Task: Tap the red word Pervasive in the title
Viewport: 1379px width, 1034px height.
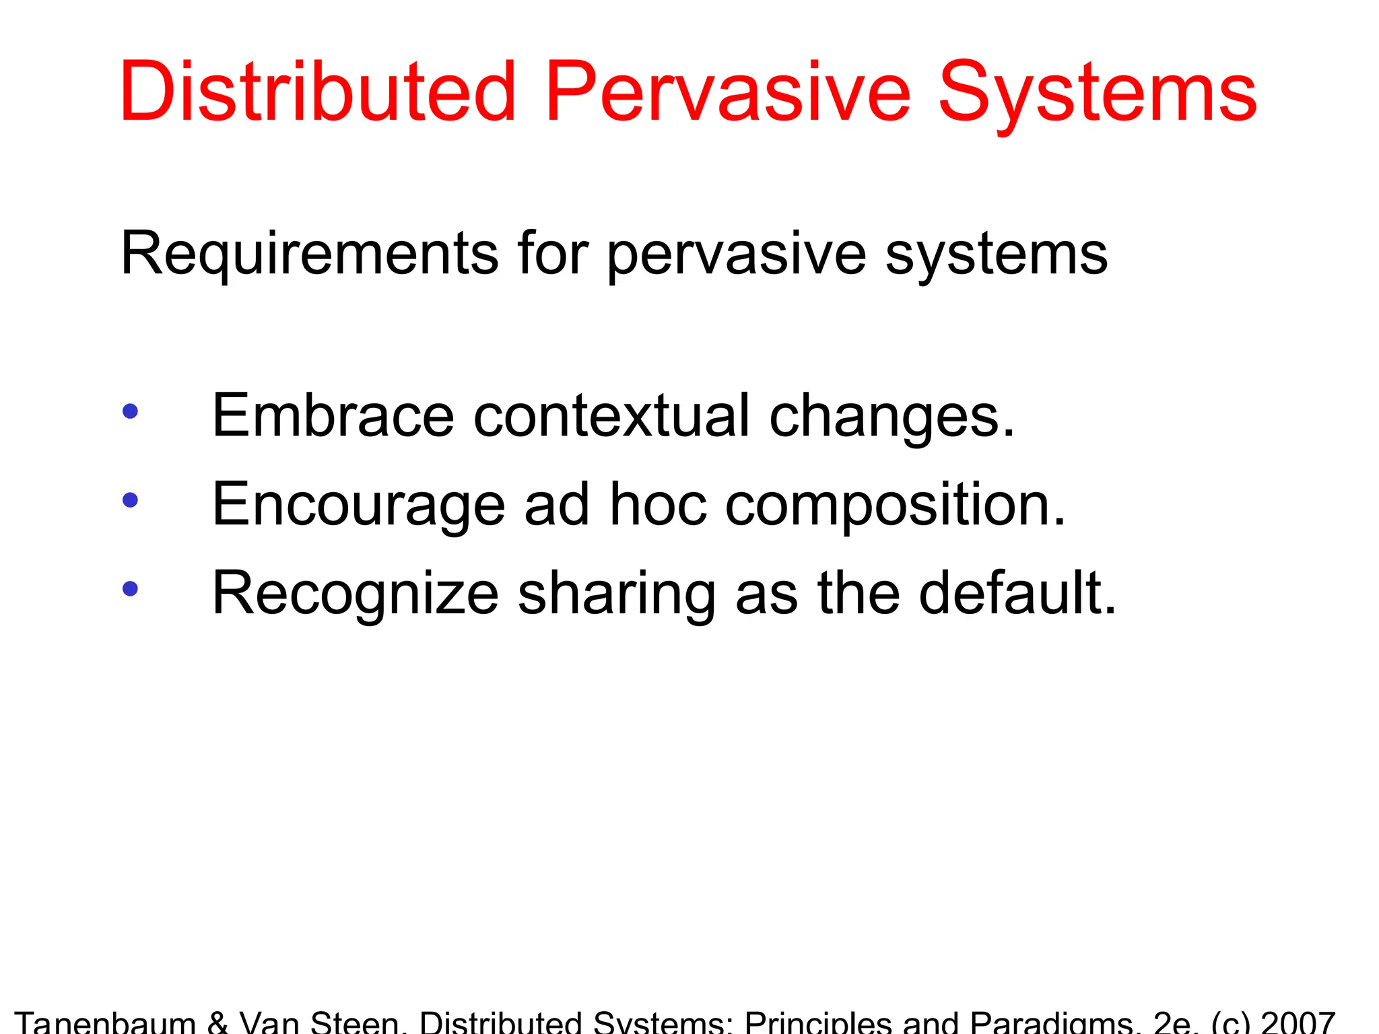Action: (x=728, y=92)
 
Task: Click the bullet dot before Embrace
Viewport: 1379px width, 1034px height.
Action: (x=131, y=411)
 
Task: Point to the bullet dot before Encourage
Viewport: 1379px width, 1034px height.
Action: (x=131, y=499)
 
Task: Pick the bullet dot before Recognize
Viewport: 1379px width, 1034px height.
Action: (x=131, y=589)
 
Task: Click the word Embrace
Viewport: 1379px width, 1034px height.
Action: (x=333, y=415)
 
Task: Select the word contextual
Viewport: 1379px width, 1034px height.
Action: (x=611, y=415)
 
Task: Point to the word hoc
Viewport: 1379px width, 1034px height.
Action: (x=658, y=504)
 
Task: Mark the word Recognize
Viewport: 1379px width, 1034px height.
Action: (x=355, y=594)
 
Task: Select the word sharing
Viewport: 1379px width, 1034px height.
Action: (x=616, y=594)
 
